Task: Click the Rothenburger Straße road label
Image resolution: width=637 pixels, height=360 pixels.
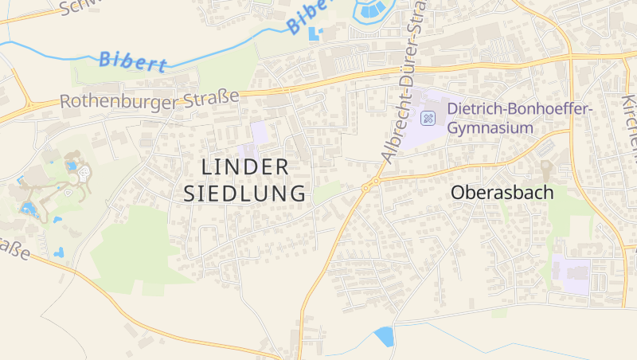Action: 150,100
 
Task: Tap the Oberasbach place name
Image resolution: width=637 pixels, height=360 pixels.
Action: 502,192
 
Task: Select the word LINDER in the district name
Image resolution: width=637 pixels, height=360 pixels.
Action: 245,166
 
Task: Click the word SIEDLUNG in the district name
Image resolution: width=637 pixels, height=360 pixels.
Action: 245,193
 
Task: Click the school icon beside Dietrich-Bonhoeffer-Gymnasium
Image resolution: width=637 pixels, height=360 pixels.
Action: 428,119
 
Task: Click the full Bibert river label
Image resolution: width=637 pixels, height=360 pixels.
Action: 133,62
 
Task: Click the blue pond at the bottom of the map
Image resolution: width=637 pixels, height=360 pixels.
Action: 385,336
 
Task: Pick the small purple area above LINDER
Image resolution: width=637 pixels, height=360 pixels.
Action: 259,132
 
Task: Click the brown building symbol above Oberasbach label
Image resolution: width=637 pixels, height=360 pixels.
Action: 546,170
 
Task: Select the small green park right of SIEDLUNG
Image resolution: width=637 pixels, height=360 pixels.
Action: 326,192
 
